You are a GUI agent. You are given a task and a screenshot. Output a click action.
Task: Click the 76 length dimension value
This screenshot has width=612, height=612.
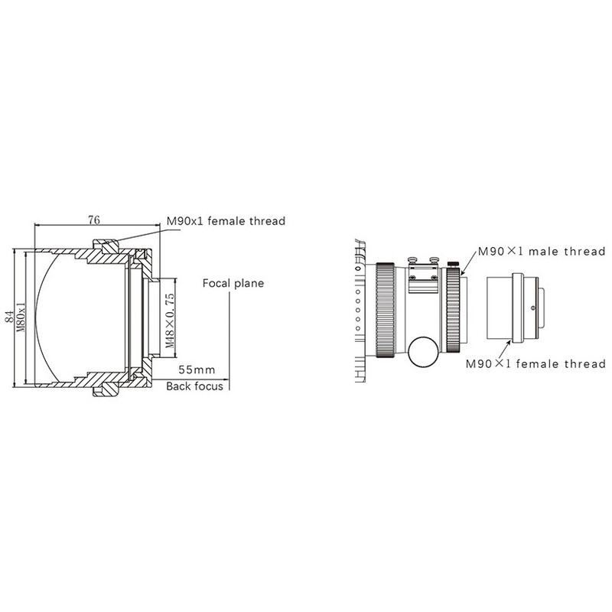point(94,220)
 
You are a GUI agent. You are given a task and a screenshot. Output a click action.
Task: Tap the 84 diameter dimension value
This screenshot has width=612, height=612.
point(6,315)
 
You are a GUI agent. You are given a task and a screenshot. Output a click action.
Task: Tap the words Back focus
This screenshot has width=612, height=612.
point(195,386)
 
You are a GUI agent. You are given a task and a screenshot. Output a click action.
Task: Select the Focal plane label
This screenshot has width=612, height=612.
point(233,283)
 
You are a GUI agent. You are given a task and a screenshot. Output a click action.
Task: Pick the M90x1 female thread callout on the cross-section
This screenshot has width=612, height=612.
point(226,222)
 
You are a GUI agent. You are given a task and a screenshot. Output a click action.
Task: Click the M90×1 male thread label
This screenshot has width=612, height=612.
point(542,251)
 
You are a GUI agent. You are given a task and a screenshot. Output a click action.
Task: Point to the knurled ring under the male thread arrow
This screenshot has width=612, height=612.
point(456,310)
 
